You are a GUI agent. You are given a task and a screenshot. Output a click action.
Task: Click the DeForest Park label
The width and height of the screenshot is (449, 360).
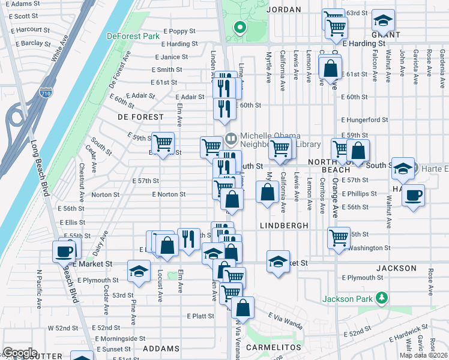pyautogui.click(x=133, y=36)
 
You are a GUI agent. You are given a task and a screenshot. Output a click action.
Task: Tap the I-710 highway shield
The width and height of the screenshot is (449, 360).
pyautogui.click(x=49, y=93)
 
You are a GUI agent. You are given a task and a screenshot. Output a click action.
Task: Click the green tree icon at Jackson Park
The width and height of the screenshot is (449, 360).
pyautogui.click(x=380, y=298)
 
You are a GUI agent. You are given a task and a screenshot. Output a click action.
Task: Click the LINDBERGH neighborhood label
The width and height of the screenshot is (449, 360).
pyautogui.click(x=284, y=225)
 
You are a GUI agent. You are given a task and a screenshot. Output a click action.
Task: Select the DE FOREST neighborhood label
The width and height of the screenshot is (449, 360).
pyautogui.click(x=140, y=116)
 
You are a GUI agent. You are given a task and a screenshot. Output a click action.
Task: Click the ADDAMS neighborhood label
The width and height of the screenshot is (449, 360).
pyautogui.click(x=161, y=348)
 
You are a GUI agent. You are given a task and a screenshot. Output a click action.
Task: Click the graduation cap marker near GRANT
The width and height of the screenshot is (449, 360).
pyautogui.click(x=382, y=20)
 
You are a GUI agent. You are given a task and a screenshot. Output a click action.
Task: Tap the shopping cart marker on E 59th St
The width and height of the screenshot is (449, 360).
pyautogui.click(x=163, y=143)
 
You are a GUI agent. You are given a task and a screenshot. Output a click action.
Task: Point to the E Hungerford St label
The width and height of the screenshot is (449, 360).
pyautogui.click(x=364, y=120)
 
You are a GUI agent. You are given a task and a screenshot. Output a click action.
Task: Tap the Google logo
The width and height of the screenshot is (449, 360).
pyautogui.click(x=20, y=353)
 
